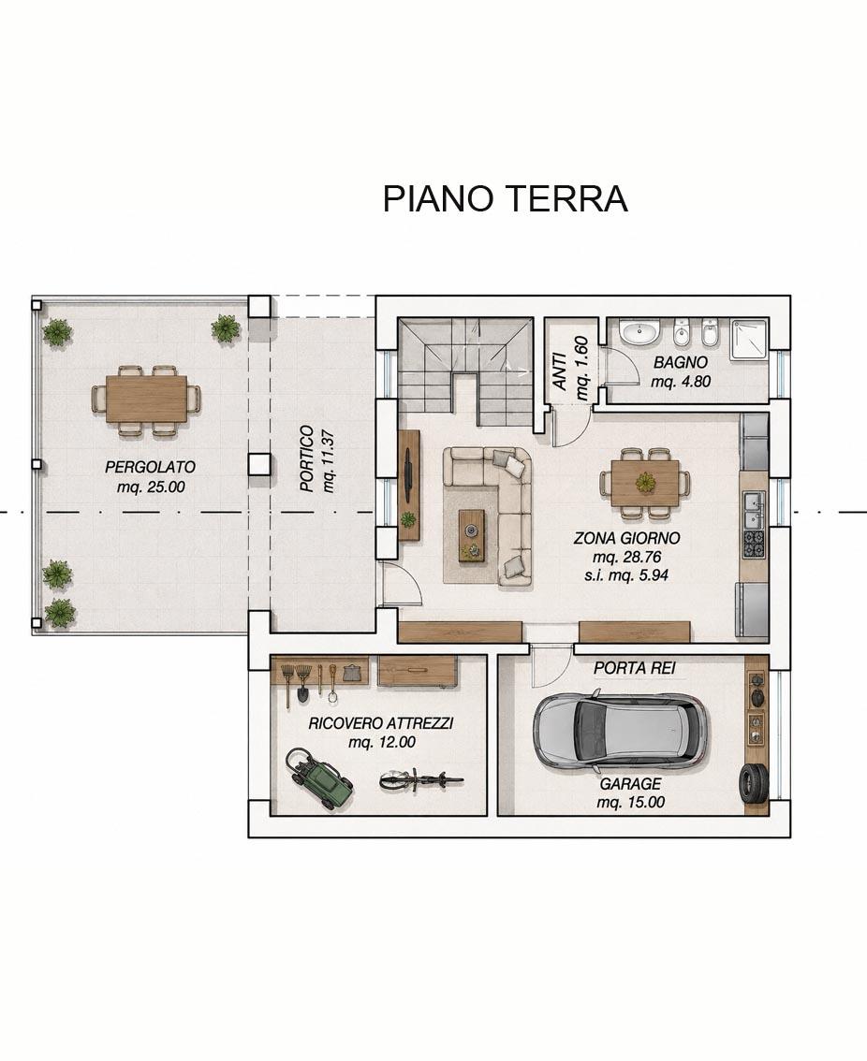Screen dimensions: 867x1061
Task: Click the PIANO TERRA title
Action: [x=506, y=199]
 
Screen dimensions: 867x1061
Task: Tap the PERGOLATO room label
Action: [x=151, y=467]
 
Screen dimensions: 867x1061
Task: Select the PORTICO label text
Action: [x=307, y=458]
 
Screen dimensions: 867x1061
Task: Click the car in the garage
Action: [x=621, y=733]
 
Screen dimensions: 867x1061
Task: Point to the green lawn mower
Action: [x=318, y=778]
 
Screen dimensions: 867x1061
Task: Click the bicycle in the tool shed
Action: [x=421, y=780]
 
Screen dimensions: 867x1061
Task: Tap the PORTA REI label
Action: [x=635, y=669]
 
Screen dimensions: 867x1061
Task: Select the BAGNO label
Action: [x=681, y=363]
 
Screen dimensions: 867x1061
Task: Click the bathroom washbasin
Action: [x=640, y=334]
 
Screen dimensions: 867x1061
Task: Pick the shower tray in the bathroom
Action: [x=748, y=339]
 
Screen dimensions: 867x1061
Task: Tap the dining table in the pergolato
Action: [x=146, y=400]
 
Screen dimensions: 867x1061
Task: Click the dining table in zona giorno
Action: [x=646, y=483]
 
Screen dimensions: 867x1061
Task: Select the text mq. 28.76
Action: [x=626, y=558]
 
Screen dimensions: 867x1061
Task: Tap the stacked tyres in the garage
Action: [x=753, y=783]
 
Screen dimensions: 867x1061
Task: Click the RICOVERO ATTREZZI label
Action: [x=381, y=723]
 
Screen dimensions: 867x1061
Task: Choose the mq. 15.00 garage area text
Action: [x=631, y=803]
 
